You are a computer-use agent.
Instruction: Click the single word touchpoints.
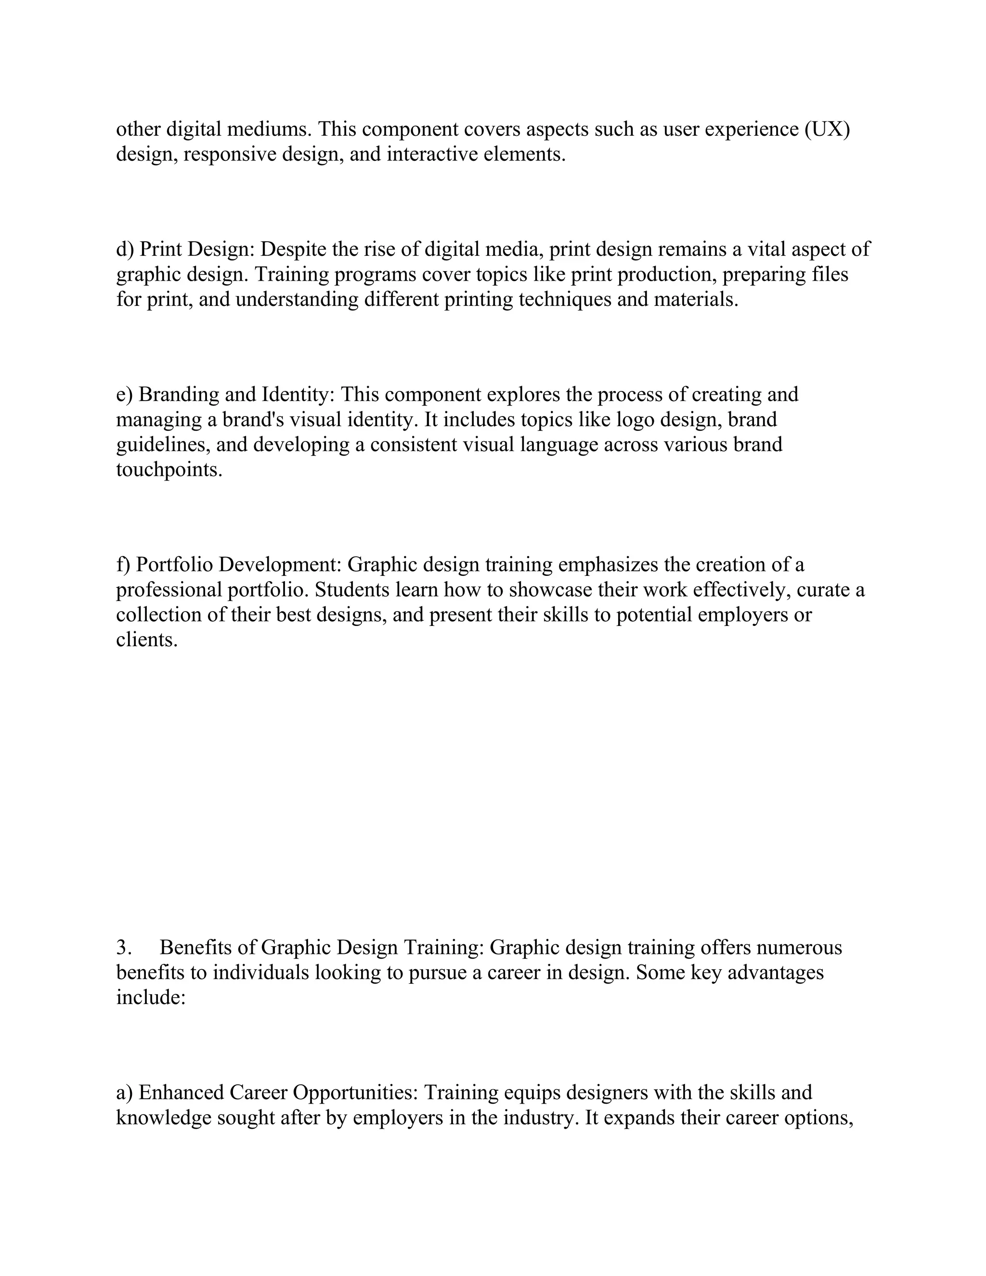(x=169, y=470)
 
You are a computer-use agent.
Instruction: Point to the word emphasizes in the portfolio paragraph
(x=608, y=565)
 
